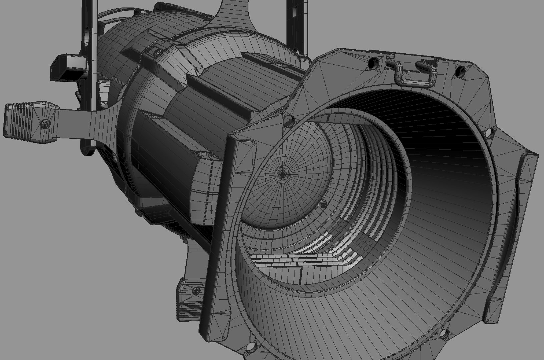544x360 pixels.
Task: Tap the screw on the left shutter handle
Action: point(45,124)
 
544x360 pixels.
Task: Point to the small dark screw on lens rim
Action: point(322,204)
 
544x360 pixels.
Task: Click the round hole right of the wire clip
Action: point(460,71)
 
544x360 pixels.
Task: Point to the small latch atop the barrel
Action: point(157,50)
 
